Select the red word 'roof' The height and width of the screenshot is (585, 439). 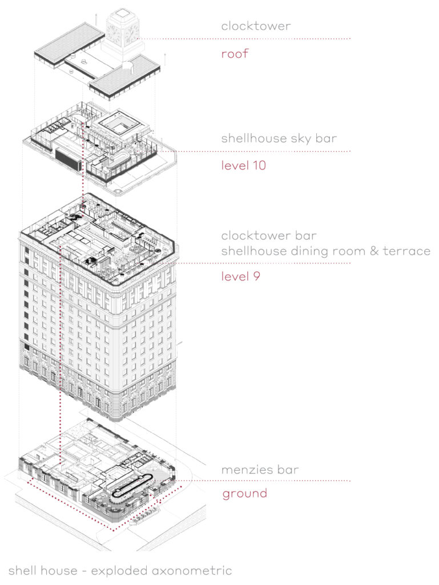[235, 55]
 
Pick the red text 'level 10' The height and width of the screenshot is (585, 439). [245, 166]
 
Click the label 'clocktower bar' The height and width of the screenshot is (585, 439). [269, 235]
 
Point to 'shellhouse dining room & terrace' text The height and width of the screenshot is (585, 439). [326, 251]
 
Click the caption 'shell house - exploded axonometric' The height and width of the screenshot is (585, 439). [120, 570]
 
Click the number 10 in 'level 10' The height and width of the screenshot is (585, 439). [260, 166]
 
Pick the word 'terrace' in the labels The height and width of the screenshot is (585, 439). [409, 251]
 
